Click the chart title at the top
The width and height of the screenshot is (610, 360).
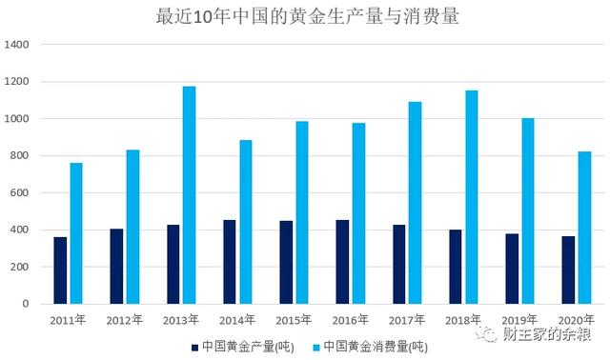point(305,16)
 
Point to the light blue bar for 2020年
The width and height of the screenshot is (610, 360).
point(584,228)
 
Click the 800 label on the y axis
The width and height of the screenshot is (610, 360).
point(22,156)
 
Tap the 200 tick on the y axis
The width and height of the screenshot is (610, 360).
point(22,267)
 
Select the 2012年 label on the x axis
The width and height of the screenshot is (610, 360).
point(124,321)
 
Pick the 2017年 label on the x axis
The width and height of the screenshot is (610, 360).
point(407,321)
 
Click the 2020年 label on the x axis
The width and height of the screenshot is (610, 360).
point(576,321)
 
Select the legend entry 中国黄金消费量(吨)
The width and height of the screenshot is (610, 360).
point(376,346)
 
